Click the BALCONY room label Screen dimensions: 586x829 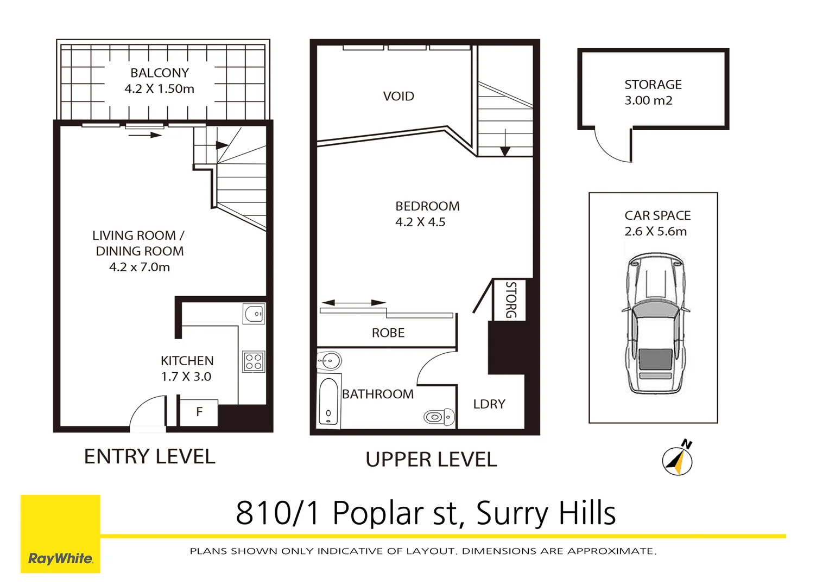(x=160, y=73)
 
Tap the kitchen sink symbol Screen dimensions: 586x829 (x=254, y=314)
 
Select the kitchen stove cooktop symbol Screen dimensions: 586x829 (x=254, y=361)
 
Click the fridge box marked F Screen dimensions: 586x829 (x=199, y=412)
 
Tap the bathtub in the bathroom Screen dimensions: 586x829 (x=328, y=402)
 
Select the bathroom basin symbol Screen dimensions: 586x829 (x=330, y=360)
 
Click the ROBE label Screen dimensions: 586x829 (x=388, y=333)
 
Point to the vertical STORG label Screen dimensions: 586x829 (x=510, y=300)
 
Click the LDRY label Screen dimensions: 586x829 (x=489, y=404)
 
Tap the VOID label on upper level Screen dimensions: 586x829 (x=398, y=97)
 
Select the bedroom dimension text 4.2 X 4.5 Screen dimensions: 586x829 (x=420, y=222)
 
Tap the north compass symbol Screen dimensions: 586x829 (x=677, y=461)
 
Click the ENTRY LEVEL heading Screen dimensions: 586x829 (x=150, y=457)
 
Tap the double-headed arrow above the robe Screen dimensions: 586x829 (x=353, y=303)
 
